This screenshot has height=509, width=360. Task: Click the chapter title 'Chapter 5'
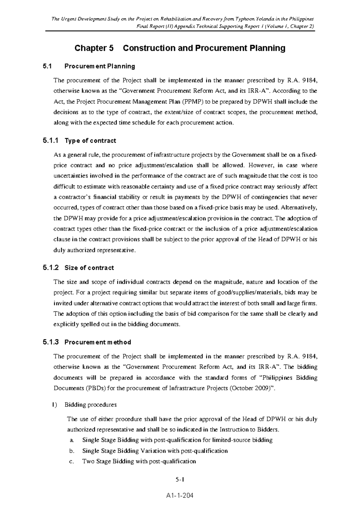(x=94, y=48)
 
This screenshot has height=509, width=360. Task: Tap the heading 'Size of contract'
(x=89, y=268)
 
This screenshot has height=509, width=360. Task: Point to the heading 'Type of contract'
(x=90, y=141)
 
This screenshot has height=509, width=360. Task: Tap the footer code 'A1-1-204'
(x=180, y=496)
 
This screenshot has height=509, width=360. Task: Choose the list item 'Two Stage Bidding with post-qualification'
(x=139, y=461)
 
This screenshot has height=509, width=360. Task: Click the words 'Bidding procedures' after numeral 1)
(x=91, y=405)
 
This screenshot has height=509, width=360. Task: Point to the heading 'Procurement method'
(x=98, y=342)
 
